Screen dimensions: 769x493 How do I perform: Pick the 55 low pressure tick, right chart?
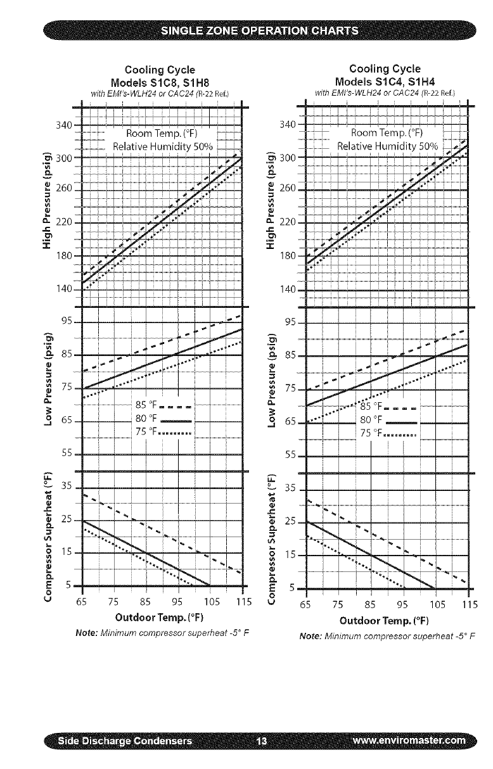tap(291, 455)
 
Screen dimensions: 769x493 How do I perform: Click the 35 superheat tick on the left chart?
tap(68, 488)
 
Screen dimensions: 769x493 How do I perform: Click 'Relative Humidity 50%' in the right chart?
tap(387, 146)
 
